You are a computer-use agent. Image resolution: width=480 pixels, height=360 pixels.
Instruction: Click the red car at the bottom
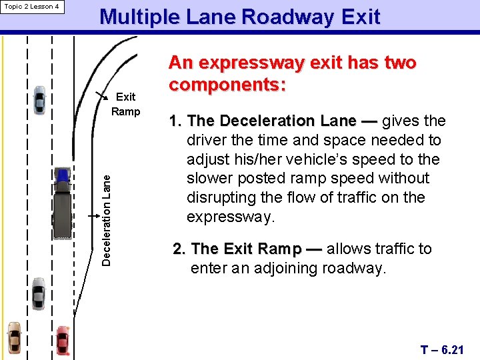(x=63, y=340)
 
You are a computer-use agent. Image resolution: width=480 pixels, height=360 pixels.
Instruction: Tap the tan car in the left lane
(x=14, y=338)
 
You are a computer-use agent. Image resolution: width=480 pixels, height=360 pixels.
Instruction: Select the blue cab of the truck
(x=63, y=175)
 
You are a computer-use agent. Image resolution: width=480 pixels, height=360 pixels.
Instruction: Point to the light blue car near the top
(x=39, y=99)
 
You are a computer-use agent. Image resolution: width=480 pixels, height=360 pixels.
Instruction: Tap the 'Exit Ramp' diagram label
(x=125, y=104)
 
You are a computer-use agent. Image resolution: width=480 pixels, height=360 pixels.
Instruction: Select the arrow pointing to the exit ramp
(x=103, y=94)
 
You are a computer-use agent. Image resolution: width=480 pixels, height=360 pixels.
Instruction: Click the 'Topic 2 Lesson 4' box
(x=32, y=7)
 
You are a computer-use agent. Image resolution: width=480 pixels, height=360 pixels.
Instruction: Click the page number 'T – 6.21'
(x=442, y=349)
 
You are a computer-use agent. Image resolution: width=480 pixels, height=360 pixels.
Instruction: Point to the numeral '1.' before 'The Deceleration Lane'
(x=176, y=121)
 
